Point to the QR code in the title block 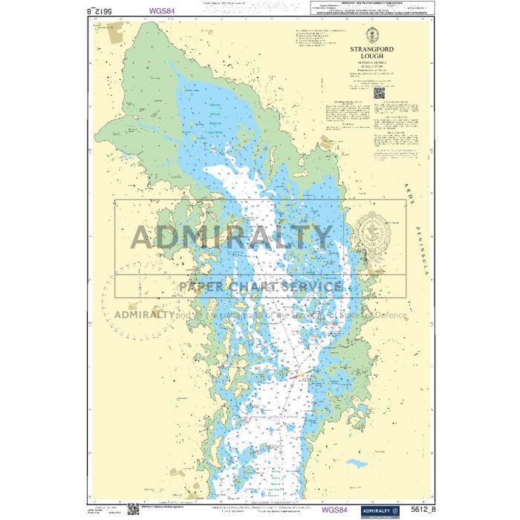click(379, 94)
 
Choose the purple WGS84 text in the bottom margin click(334, 510)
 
